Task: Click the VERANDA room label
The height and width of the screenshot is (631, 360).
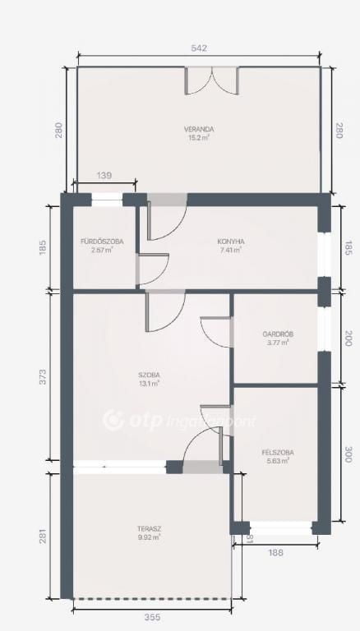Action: tap(199, 129)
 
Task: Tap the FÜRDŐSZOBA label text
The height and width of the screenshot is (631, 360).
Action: tap(102, 242)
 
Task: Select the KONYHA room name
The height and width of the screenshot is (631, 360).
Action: tap(231, 242)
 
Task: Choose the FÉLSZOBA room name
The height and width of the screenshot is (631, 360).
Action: tap(278, 453)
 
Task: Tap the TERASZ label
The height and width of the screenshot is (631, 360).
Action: tap(149, 529)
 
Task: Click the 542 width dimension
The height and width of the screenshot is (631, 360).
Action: tap(199, 49)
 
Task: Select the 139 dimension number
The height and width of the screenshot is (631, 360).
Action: tap(104, 176)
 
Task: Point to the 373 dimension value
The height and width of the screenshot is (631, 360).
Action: tap(43, 376)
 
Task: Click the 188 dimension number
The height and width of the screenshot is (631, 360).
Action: tap(275, 553)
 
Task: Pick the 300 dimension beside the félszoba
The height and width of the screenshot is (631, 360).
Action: tap(348, 454)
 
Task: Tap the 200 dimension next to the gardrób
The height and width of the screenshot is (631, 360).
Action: tap(348, 339)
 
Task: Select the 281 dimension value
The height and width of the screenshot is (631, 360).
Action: tap(43, 537)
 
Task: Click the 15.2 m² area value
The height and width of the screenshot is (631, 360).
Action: tap(199, 138)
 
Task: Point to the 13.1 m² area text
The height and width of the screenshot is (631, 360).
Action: tap(149, 383)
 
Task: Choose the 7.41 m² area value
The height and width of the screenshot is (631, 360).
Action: tap(231, 250)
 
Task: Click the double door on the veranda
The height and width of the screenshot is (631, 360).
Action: tap(211, 81)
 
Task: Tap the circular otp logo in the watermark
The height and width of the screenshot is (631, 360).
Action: tap(113, 420)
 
